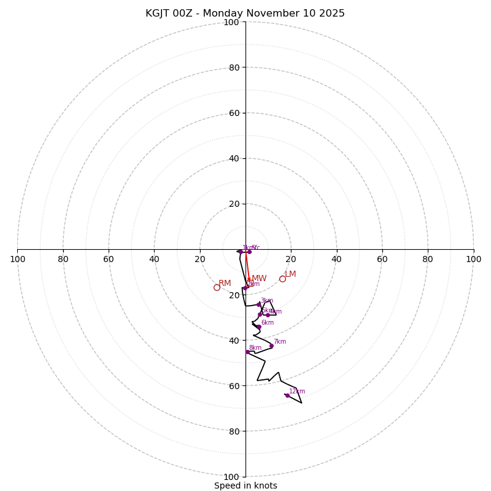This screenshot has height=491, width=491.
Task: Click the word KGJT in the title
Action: click(158, 14)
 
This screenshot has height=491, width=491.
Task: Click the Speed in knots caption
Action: click(245, 485)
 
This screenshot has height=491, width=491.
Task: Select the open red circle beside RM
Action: click(217, 287)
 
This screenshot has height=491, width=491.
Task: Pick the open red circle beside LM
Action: click(282, 279)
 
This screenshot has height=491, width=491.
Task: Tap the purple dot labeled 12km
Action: click(287, 395)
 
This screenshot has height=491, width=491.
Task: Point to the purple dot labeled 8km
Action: click(247, 352)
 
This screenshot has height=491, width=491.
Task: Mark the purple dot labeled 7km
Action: click(271, 346)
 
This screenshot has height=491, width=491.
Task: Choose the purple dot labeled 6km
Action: click(259, 327)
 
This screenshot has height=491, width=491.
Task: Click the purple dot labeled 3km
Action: click(258, 304)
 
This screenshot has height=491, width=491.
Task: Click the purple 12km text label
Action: click(297, 391)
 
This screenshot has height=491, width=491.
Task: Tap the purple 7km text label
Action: click(280, 341)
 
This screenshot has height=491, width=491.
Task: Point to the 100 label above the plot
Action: click(231, 23)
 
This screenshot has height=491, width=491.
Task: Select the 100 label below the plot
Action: click(231, 477)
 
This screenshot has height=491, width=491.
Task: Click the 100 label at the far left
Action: click(18, 259)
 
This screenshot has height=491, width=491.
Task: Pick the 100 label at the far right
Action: click(473, 259)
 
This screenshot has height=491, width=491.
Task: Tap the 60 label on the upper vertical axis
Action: click(234, 113)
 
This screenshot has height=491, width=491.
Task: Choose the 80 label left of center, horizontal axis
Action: click(63, 259)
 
